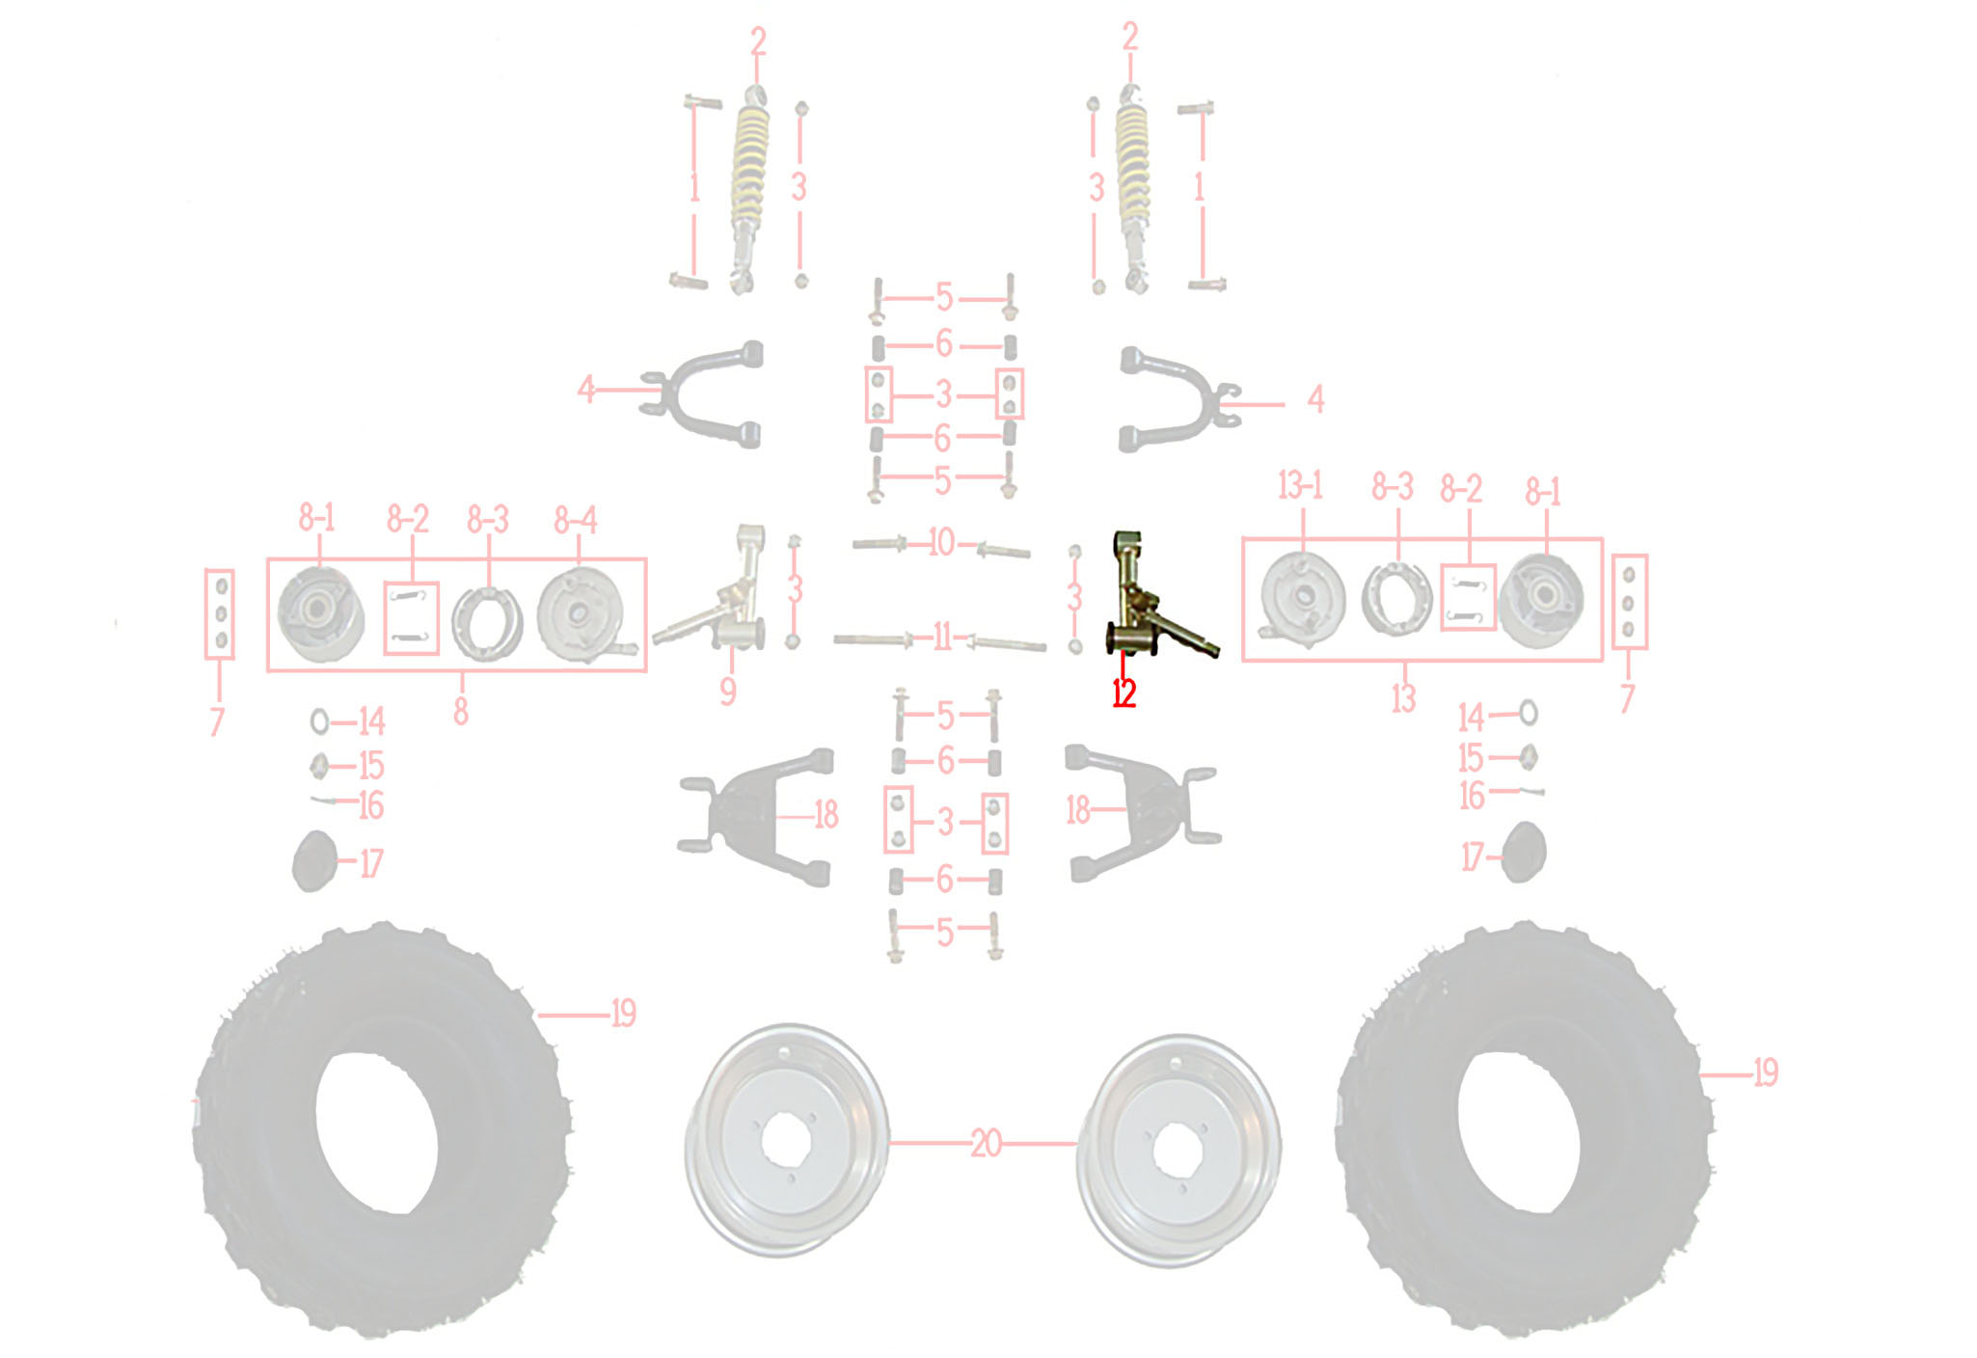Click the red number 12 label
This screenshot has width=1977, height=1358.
pos(1124,693)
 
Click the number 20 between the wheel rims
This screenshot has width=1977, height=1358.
pos(986,1144)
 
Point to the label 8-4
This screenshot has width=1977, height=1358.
pos(575,522)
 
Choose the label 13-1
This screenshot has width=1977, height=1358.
pos(1300,486)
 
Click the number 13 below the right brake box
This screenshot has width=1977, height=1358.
pos(1403,697)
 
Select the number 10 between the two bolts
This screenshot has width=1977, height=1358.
pos(941,543)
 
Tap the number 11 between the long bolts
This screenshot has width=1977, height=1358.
pos(942,638)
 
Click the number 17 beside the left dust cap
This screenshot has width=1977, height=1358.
pos(371,862)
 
